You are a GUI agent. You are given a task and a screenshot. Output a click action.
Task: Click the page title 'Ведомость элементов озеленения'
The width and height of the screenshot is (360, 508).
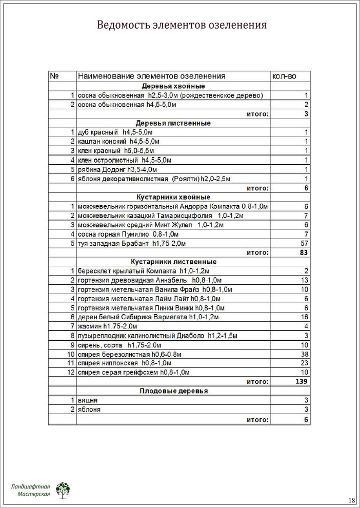(x=182, y=25)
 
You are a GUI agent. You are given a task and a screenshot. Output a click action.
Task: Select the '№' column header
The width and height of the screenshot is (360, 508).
(x=56, y=76)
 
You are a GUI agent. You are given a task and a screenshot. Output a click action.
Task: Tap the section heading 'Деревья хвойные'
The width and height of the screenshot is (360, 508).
(x=173, y=86)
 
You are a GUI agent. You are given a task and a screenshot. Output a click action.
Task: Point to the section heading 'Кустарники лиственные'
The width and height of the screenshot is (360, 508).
(x=173, y=262)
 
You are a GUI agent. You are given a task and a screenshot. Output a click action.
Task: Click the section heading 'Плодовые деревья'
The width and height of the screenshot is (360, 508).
(x=173, y=391)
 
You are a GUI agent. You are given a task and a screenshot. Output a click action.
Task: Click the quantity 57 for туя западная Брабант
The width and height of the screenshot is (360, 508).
(x=303, y=243)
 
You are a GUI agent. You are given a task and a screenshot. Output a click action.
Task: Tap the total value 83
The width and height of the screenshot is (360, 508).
(x=303, y=252)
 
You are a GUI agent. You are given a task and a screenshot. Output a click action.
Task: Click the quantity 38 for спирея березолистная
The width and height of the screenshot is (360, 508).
(x=303, y=354)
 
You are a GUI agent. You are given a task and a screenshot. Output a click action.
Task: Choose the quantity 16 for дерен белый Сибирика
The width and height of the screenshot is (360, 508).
(x=303, y=317)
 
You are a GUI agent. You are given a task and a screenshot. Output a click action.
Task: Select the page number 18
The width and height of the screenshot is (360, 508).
(x=351, y=500)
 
